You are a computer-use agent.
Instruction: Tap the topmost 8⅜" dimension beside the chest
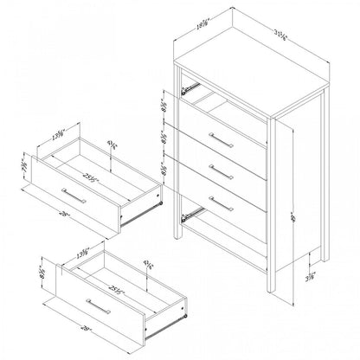tap(164, 110)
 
